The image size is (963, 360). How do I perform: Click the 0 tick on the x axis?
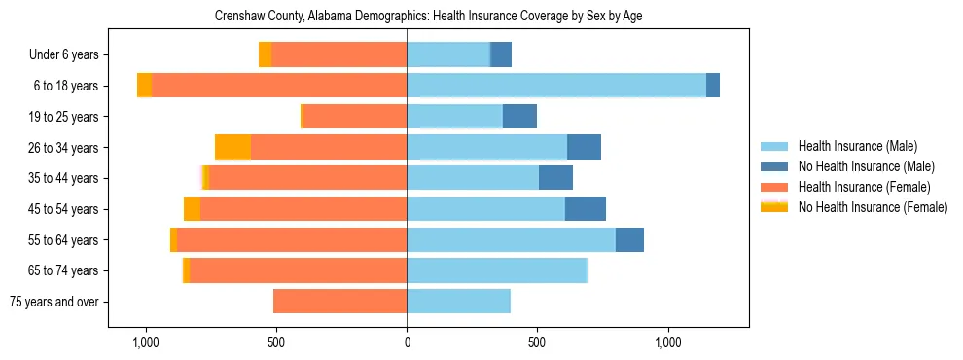pyautogui.click(x=407, y=343)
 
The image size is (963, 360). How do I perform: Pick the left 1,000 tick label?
pyautogui.click(x=145, y=343)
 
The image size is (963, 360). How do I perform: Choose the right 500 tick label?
pyautogui.click(x=537, y=343)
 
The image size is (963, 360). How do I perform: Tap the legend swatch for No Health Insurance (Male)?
pyautogui.click(x=773, y=167)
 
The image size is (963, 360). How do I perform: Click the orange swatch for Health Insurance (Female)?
pyautogui.click(x=773, y=187)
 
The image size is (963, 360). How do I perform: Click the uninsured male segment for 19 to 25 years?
pyautogui.click(x=519, y=117)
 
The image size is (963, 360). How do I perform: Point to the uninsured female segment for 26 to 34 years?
pyautogui.click(x=232, y=148)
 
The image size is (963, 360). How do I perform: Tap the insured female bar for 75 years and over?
pyautogui.click(x=339, y=302)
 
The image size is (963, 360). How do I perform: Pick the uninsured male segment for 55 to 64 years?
pyautogui.click(x=629, y=240)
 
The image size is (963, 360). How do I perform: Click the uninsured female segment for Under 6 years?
pyautogui.click(x=265, y=55)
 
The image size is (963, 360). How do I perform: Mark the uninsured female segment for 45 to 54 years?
pyautogui.click(x=192, y=209)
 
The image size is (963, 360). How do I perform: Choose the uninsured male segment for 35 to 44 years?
pyautogui.click(x=555, y=178)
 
